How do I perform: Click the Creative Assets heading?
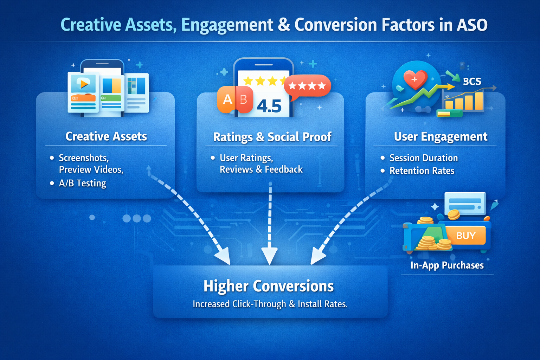tap(106, 136)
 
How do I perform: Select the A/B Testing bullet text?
tap(82, 183)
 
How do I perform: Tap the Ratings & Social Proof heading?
tap(272, 137)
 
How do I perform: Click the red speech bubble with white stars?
tap(307, 86)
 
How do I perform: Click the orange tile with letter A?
tap(227, 100)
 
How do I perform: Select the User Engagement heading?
tap(441, 136)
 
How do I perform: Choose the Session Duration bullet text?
tap(423, 158)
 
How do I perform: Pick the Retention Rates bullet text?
tap(422, 171)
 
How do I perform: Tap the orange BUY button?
tap(465, 236)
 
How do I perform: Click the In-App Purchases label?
tap(447, 265)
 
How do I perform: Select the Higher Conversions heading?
tap(269, 286)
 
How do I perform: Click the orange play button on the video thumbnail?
tap(84, 84)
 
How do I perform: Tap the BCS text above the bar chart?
tap(472, 82)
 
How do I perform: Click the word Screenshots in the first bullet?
tap(84, 157)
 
